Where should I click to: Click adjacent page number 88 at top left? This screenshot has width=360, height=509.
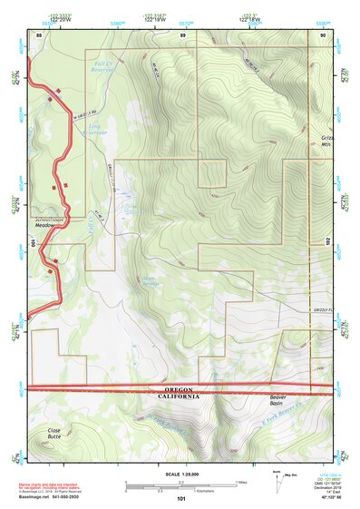pos(38,34)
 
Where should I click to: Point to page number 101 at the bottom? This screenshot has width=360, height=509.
pos(181,498)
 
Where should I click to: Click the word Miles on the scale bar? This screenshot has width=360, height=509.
pos(241,481)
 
